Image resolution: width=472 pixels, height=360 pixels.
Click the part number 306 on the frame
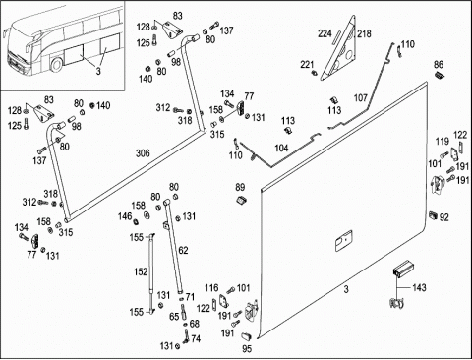click(x=143, y=153)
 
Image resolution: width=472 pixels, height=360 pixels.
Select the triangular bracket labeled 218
click(x=339, y=49)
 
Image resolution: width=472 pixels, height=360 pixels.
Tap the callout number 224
click(x=324, y=33)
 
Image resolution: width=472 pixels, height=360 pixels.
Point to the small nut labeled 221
click(x=315, y=73)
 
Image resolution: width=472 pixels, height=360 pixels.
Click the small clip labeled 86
click(x=439, y=75)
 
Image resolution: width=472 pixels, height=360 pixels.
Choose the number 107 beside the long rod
click(x=361, y=97)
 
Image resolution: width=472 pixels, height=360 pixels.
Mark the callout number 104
click(x=281, y=148)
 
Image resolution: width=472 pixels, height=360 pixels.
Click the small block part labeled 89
click(x=242, y=199)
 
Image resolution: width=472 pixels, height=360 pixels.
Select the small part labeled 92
click(x=434, y=215)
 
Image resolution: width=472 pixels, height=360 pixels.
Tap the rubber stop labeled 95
click(x=246, y=336)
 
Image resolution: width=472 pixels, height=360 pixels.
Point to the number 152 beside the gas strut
click(x=141, y=271)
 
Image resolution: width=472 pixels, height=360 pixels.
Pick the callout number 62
click(x=183, y=250)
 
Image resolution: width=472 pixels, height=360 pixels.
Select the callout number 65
click(x=174, y=317)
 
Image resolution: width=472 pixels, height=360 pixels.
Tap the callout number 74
click(x=196, y=338)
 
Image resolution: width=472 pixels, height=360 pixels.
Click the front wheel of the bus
click(x=56, y=65)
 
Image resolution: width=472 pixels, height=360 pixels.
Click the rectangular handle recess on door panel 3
click(x=343, y=241)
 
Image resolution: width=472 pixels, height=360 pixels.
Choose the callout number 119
click(x=442, y=142)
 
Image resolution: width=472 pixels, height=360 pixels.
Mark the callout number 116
click(x=211, y=288)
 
